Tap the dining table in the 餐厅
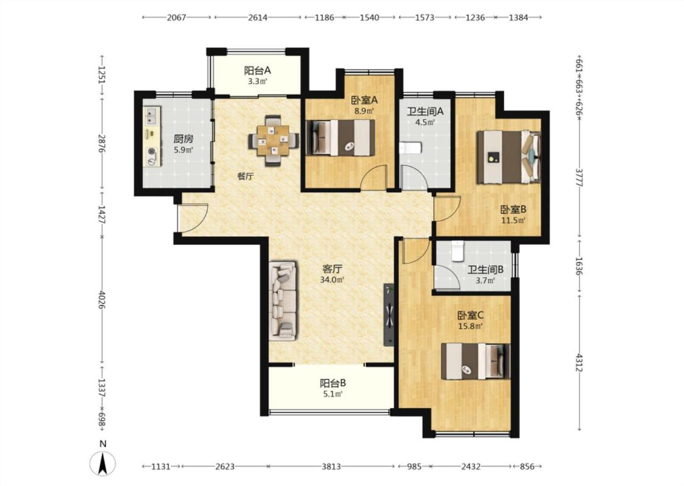[x=274, y=140]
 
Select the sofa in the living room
[x=283, y=301]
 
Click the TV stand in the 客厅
[x=389, y=315]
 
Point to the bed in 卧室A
[x=340, y=137]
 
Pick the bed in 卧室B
[x=509, y=157]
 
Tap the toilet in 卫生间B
[x=458, y=251]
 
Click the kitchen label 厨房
[x=183, y=140]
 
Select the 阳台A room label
[x=257, y=70]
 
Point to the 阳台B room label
[x=333, y=383]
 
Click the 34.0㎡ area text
[x=333, y=280]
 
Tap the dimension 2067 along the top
[x=177, y=18]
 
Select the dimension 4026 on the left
[x=102, y=300]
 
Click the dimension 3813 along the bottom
[x=331, y=467]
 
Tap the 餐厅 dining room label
[x=246, y=177]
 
